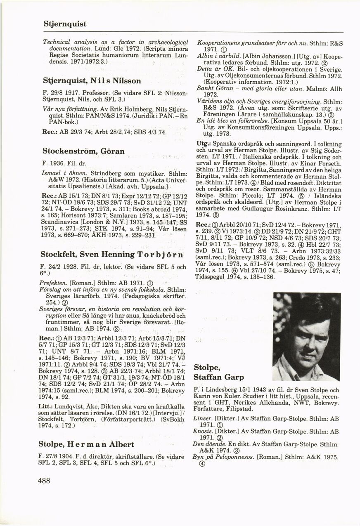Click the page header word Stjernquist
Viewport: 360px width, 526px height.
pyautogui.click(x=65, y=24)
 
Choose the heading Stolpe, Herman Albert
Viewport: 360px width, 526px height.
pyautogui.click(x=86, y=445)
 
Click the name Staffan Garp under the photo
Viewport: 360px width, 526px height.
pyautogui.click(x=218, y=377)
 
